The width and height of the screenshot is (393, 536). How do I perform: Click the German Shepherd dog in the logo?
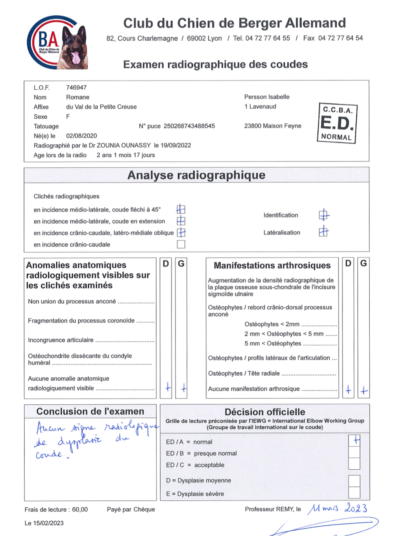[74, 48]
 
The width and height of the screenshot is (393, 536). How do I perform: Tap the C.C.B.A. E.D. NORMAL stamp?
[337, 123]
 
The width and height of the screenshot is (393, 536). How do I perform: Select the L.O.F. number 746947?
[76, 88]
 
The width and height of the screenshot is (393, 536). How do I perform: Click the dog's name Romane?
[78, 97]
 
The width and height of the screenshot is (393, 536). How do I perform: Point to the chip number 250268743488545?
[189, 126]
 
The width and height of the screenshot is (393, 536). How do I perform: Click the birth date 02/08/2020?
[82, 136]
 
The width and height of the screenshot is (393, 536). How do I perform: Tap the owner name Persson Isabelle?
[267, 97]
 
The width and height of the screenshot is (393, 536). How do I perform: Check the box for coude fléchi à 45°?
[181, 209]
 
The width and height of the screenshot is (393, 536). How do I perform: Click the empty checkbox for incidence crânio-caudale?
[181, 244]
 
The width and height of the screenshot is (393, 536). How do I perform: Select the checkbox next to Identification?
[324, 215]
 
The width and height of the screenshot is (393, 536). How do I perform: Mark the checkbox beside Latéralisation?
[324, 232]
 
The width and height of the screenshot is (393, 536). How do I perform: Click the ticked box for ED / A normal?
[354, 440]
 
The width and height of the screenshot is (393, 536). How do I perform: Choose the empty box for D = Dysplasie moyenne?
[354, 480]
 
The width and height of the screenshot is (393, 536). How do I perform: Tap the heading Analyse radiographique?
[196, 175]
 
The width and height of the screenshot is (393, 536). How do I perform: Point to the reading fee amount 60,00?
[80, 510]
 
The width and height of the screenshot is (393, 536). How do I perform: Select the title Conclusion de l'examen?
[90, 412]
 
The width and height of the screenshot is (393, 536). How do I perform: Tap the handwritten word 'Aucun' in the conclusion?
[51, 428]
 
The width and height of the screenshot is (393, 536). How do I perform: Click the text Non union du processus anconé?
[72, 302]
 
